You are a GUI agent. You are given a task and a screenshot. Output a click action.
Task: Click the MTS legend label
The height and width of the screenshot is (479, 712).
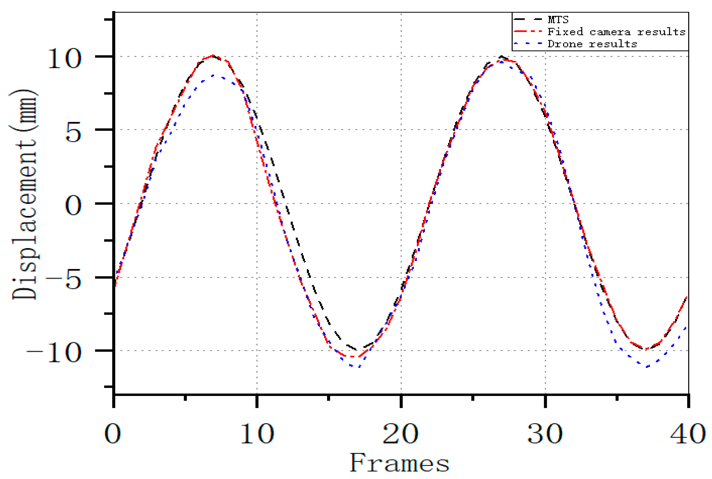558,20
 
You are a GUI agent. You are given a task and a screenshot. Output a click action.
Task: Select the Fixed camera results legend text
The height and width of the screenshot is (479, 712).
616,32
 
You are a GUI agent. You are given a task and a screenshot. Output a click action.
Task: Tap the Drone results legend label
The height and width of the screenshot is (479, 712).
592,44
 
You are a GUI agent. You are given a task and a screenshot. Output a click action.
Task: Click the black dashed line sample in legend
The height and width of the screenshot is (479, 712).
528,20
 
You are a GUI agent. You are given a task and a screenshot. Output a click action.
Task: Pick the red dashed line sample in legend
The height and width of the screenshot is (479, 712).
528,31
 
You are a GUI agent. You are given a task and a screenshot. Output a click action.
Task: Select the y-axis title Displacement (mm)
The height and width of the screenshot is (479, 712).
24,195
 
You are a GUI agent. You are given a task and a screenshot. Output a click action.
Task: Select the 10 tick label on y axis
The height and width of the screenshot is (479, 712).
65,58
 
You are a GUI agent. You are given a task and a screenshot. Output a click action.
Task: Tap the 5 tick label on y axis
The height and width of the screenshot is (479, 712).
73,132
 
